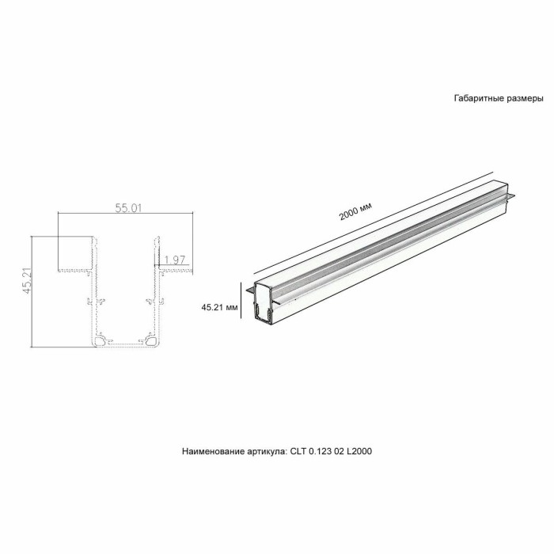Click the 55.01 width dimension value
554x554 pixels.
point(127,209)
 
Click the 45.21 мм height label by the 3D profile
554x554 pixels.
point(220,306)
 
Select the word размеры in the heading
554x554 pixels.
point(524,100)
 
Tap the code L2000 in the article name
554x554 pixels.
point(359,452)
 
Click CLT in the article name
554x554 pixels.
point(297,452)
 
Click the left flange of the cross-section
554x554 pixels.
point(75,270)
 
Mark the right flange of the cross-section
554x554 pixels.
point(174,270)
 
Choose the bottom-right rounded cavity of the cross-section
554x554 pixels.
point(150,341)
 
